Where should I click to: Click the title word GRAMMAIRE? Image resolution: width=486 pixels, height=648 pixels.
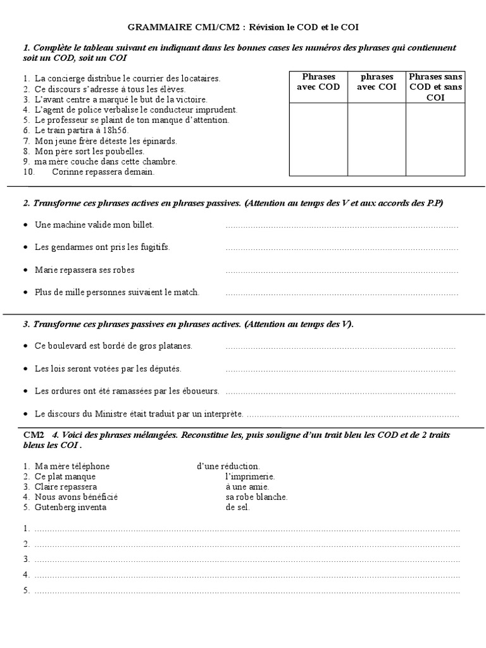154,27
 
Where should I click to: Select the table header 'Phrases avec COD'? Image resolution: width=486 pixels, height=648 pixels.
318,82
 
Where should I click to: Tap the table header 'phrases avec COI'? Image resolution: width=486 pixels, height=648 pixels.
377,82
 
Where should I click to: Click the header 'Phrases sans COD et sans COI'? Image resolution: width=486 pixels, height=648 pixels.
435,87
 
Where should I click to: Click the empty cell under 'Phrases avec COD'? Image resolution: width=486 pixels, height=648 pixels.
318,139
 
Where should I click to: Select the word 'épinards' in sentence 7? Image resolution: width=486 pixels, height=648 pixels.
159,140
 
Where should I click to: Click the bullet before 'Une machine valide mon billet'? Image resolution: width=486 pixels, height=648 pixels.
25,225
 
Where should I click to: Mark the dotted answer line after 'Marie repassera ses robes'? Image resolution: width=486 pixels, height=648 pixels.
342,271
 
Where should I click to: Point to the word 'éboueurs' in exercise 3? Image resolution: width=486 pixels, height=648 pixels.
202,391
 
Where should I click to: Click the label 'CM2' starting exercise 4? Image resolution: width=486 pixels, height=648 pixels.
34,436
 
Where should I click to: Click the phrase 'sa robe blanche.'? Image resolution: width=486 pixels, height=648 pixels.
256,497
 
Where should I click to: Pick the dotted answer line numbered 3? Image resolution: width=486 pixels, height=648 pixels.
247,559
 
